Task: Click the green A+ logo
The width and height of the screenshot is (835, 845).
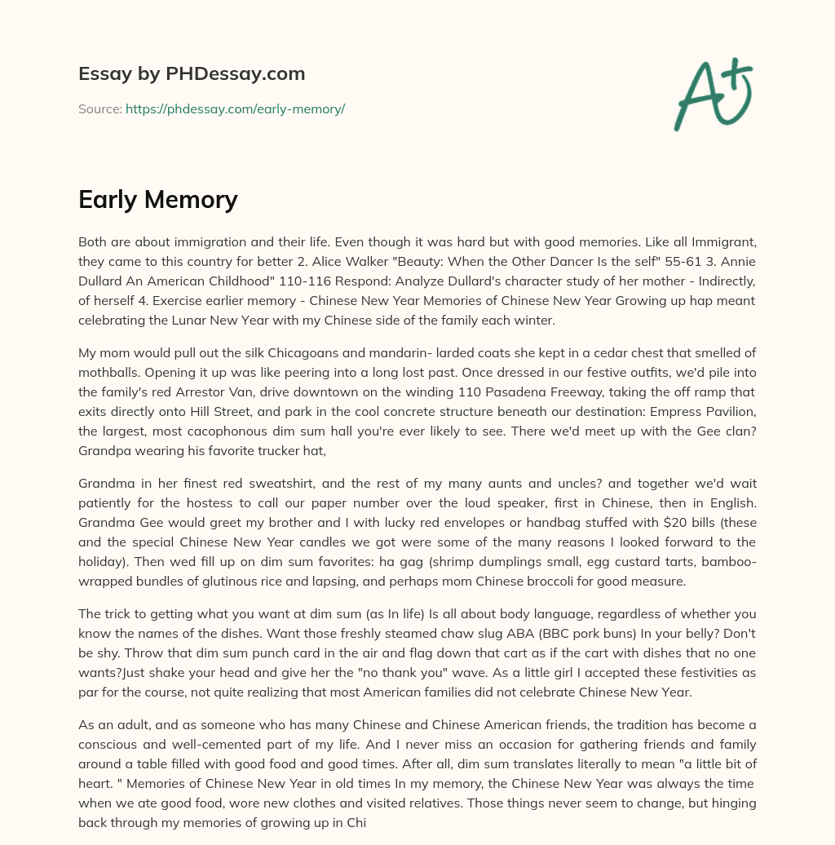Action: tap(712, 94)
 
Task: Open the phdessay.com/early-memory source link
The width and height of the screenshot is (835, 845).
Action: tap(235, 108)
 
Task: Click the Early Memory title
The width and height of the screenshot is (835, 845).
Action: tap(157, 199)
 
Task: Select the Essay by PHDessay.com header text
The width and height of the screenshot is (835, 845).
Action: tap(192, 73)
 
